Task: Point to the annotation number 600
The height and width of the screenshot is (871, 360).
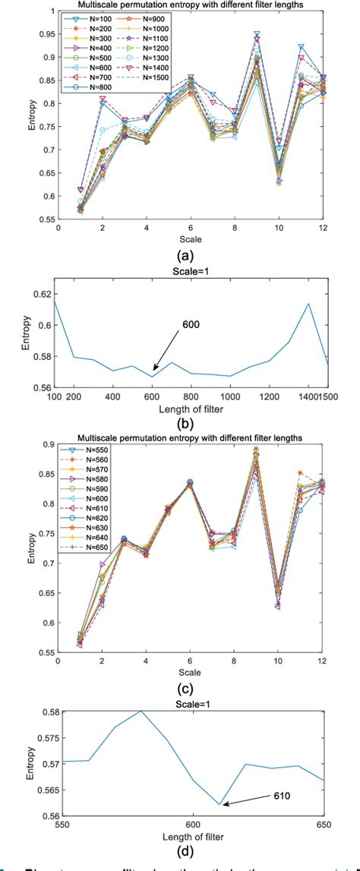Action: pos(193,344)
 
